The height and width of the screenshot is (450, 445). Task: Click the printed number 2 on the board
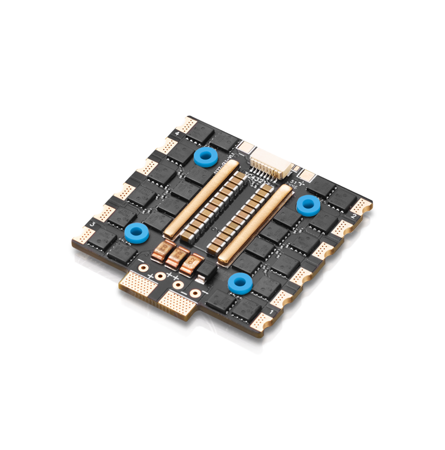tap(352, 217)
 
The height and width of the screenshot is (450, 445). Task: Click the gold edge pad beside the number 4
tap(188, 126)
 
